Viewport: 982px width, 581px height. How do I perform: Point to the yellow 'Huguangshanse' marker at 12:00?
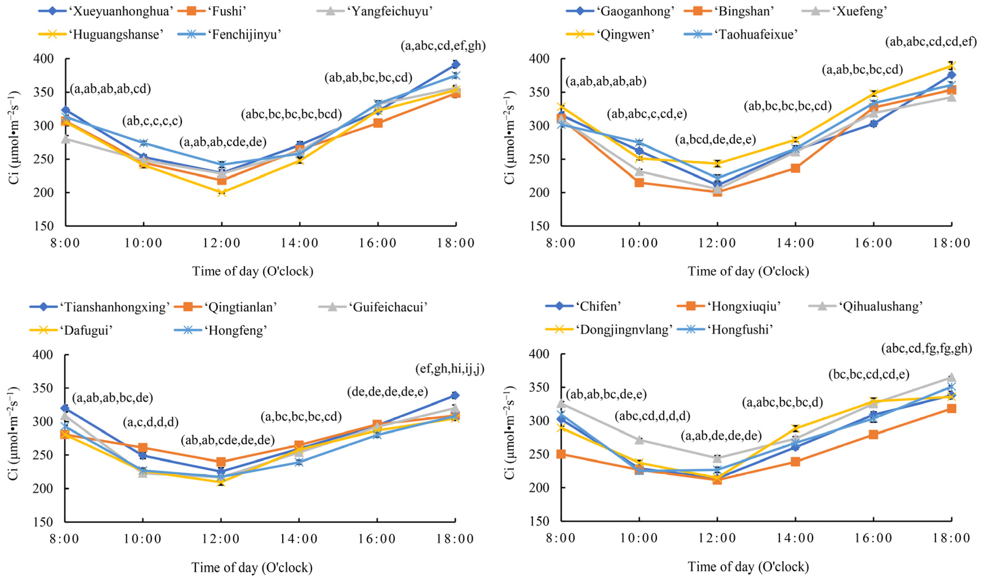pos(222,192)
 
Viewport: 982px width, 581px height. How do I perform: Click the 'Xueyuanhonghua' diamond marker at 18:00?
pos(456,64)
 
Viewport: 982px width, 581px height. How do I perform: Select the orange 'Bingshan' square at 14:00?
pos(795,168)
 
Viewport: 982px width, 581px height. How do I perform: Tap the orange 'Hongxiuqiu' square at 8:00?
pos(561,454)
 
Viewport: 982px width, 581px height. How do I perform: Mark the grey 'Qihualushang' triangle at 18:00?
pos(951,377)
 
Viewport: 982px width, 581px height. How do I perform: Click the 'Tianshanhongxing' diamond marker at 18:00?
pos(455,395)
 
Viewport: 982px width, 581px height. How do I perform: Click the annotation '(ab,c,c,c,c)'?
pos(152,121)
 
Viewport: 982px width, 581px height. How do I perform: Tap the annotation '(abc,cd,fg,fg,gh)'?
pos(926,348)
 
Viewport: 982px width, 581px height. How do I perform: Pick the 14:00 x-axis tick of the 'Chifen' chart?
pos(795,538)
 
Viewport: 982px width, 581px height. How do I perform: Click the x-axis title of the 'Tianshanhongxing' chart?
pos(252,567)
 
